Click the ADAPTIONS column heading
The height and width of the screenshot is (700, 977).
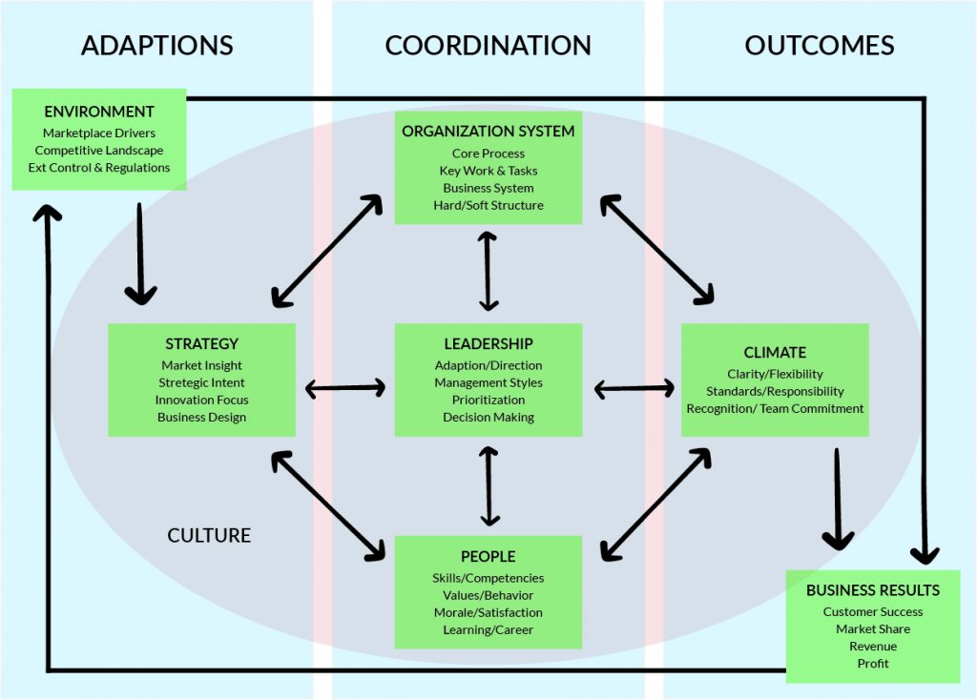[156, 45]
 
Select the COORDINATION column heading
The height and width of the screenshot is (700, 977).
[488, 45]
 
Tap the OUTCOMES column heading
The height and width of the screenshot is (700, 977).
[819, 45]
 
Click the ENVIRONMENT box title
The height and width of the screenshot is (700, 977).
[99, 112]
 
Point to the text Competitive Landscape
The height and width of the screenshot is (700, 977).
[99, 150]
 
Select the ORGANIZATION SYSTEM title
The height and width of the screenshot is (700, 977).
[488, 131]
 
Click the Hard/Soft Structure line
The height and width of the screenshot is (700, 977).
[488, 205]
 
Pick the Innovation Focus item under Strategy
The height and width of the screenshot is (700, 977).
[201, 400]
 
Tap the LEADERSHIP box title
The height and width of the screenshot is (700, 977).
[488, 343]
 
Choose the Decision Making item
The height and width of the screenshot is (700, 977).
[488, 417]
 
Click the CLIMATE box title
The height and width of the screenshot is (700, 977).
[775, 352]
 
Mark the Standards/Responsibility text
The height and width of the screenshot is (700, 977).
[775, 391]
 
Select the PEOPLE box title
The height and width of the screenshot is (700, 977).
[488, 556]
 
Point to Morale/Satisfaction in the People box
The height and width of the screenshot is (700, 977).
[488, 612]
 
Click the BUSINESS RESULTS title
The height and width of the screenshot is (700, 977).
[873, 590]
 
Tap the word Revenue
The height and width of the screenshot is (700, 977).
[873, 646]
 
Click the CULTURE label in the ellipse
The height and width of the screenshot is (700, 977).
[209, 535]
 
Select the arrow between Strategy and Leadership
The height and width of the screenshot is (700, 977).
[344, 388]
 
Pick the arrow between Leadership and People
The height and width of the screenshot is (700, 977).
[489, 485]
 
